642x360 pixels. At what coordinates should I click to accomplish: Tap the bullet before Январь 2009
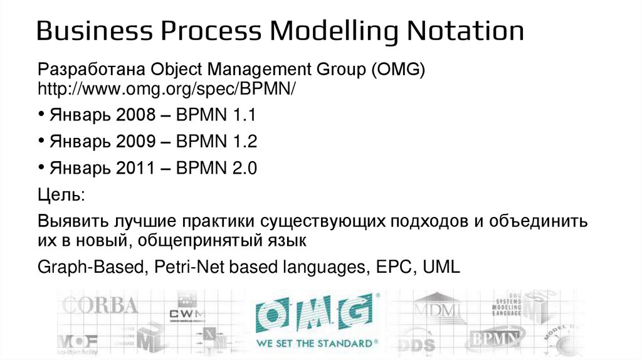[x=41, y=142]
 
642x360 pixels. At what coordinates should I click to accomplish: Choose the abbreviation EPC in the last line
[x=394, y=267]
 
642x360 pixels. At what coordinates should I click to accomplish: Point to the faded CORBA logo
[x=101, y=305]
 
